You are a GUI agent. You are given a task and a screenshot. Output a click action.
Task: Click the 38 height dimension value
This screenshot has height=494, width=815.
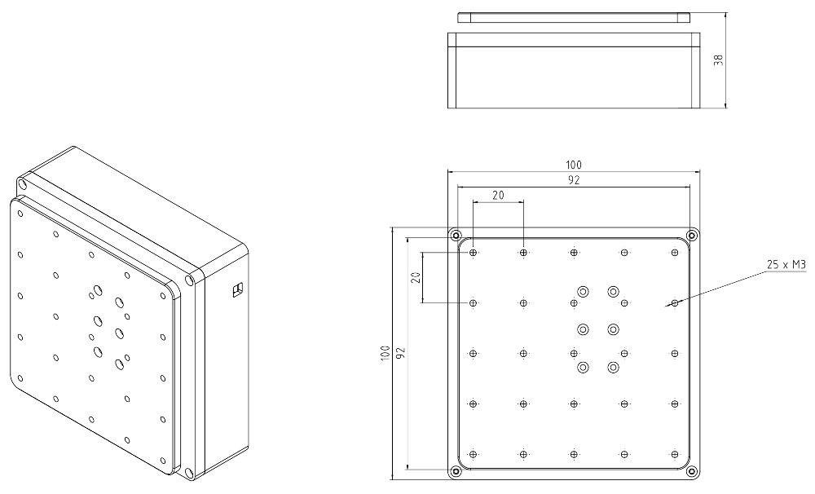tap(718, 60)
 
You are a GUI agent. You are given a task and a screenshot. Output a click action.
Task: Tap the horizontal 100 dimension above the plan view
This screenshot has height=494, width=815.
tap(574, 165)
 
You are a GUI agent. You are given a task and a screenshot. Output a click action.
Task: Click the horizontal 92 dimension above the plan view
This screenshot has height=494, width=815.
tap(574, 180)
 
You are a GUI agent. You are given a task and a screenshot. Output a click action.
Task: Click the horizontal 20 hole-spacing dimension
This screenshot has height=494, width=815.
tap(497, 196)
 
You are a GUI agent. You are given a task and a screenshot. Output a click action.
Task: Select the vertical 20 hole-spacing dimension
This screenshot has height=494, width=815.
tap(415, 278)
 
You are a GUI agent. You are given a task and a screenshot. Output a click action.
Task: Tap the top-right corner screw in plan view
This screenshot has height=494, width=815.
tap(692, 236)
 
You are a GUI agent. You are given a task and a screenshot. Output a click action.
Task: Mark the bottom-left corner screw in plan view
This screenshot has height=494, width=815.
tap(456, 470)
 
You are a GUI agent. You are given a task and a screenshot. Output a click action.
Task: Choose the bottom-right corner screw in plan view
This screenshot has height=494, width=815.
tap(692, 470)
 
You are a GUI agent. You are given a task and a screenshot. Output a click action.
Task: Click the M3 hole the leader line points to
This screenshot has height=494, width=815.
tap(675, 303)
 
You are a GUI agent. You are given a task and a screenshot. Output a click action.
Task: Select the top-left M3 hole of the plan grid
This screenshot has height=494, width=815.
tap(474, 253)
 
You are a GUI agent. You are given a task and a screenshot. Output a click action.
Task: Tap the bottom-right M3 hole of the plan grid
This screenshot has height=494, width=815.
tap(675, 454)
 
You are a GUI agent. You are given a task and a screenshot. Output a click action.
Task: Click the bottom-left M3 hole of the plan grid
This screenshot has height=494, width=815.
tap(474, 454)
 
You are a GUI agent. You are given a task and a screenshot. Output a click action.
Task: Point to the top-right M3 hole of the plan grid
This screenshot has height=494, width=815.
tap(675, 253)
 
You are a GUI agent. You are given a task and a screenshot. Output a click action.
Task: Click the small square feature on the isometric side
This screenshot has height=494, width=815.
tap(238, 289)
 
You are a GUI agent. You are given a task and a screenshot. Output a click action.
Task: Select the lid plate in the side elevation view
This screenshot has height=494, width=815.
tap(574, 16)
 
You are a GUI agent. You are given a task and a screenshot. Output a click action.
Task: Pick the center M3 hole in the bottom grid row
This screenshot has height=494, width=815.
tap(574, 454)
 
